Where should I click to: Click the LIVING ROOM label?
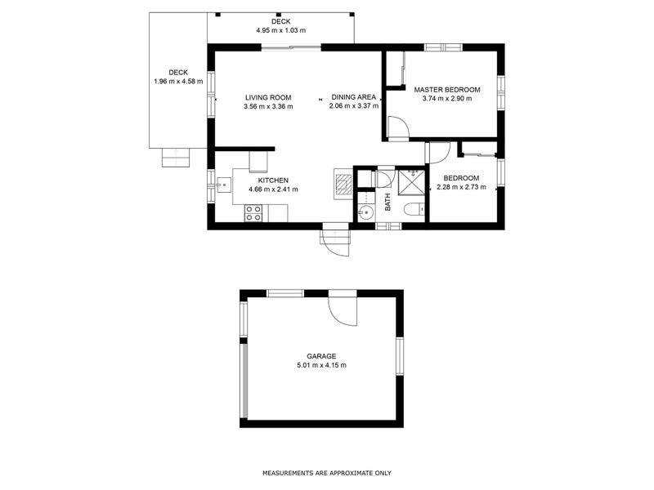pos(268,98)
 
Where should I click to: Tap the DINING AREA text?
pos(354,97)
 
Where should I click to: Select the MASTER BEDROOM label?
pos(447,90)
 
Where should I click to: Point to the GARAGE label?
pos(321,356)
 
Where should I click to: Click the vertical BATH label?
pos(387,202)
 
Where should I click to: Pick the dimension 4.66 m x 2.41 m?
pos(273,189)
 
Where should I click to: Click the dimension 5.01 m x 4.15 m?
pos(321,365)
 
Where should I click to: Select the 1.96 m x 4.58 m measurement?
pos(178,81)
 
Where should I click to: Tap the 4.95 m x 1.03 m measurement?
pos(280,30)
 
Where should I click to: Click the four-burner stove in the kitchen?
pos(253,213)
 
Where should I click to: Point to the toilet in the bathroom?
pos(415,208)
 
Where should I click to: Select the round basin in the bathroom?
pos(365,213)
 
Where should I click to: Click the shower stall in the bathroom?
pos(411,181)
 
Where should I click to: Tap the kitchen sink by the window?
pos(223,185)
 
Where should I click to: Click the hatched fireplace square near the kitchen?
pos(343,185)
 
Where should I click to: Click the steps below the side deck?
pos(176,158)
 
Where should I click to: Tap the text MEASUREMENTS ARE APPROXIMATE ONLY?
pos(327,473)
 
